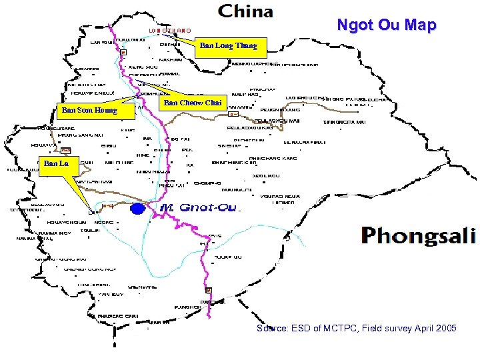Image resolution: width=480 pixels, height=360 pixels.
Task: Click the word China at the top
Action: [x=246, y=11]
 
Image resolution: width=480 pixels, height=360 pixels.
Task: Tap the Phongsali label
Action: [x=418, y=235]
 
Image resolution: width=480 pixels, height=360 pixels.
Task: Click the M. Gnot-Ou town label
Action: [x=199, y=208]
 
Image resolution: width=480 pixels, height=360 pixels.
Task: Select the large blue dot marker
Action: [x=138, y=209]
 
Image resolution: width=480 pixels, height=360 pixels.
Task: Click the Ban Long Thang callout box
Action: [x=233, y=47]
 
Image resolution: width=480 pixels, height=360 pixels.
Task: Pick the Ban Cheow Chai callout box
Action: [x=192, y=103]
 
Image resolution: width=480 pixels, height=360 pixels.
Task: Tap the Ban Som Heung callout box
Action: [x=89, y=110]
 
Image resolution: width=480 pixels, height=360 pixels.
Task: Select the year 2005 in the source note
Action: [x=443, y=329]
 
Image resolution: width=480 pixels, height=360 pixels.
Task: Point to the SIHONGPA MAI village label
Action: [x=344, y=123]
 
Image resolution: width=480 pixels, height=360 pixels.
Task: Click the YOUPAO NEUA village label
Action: [x=277, y=196]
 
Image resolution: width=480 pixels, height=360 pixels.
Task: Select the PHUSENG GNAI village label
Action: [x=118, y=315]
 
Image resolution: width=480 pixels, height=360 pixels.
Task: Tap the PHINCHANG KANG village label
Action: [x=273, y=159]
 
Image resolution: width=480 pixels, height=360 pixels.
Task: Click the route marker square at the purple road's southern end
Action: [x=209, y=290]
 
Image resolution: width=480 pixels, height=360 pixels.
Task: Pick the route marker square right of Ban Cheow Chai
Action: [x=233, y=115]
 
